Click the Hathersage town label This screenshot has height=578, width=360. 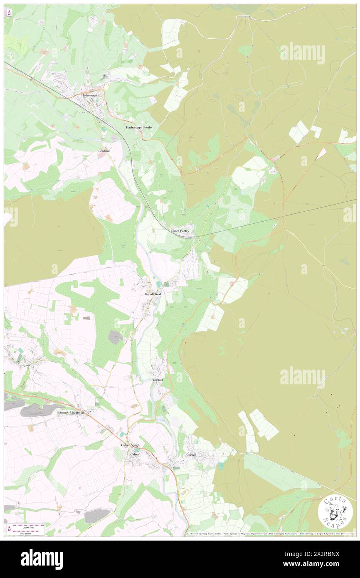pos(89,95)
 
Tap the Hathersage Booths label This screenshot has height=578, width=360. pos(139,127)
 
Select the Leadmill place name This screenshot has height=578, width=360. pos(104,151)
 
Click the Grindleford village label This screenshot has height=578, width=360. pos(153,294)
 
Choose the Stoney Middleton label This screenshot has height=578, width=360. pos(72,413)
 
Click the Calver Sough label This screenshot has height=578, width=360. pos(130,445)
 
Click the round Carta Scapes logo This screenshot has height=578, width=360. pos(335,511)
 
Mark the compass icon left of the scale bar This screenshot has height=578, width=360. pos(9,529)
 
